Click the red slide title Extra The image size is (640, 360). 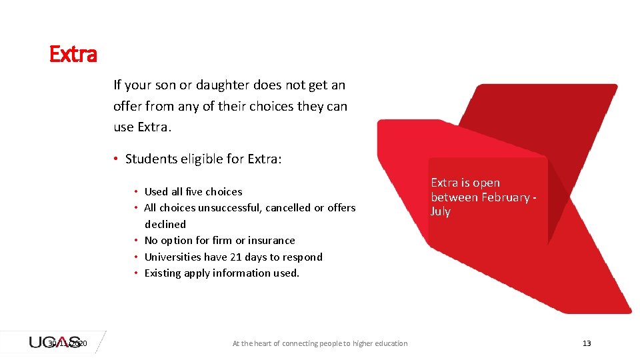click(x=73, y=54)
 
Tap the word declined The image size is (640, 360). click(x=165, y=224)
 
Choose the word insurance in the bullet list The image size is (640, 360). click(x=271, y=240)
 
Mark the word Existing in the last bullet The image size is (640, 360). click(x=163, y=273)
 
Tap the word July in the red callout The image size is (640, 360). click(x=441, y=211)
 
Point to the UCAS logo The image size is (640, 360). click(x=55, y=342)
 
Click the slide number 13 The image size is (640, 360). click(x=587, y=343)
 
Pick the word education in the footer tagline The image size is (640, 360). click(x=387, y=343)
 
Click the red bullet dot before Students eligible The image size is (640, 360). click(x=115, y=159)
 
